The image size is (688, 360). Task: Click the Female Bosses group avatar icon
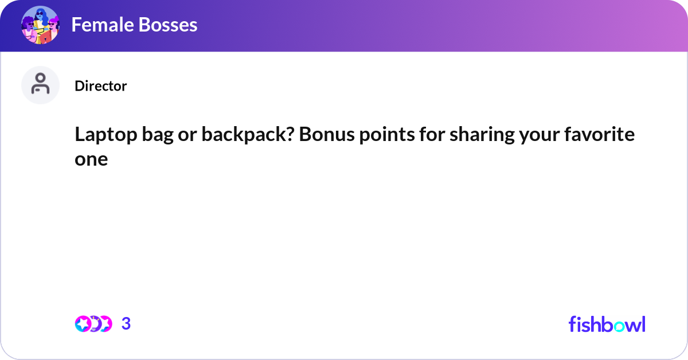(40, 25)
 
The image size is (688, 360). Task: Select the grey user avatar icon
(40, 85)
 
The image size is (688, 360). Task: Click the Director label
(100, 86)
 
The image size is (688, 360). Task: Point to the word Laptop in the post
(100, 135)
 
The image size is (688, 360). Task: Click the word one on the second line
(91, 159)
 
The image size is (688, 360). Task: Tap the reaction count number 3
(126, 324)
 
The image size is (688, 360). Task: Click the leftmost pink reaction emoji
(83, 324)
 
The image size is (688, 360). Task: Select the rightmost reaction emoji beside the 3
(104, 324)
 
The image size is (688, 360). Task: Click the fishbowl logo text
(607, 324)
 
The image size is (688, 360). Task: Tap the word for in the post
(424, 135)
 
